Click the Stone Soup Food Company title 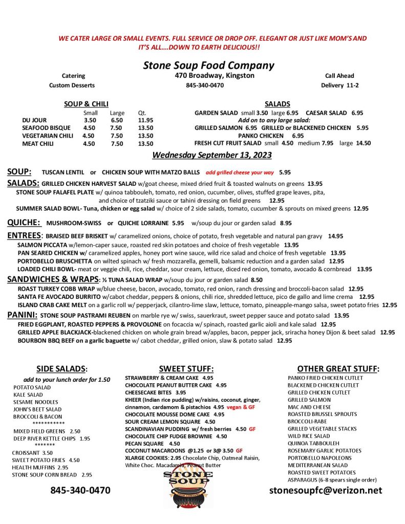208,65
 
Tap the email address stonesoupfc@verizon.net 326,490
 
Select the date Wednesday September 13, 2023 212,155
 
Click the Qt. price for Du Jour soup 145,120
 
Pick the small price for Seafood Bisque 89,128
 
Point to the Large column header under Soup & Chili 117,113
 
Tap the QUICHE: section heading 24,223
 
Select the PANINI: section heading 21,315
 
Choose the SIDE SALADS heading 61,368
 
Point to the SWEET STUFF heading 186,368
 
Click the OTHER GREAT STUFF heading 338,368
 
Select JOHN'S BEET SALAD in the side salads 37,409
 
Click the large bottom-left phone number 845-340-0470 80,490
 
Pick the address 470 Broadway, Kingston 215,75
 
